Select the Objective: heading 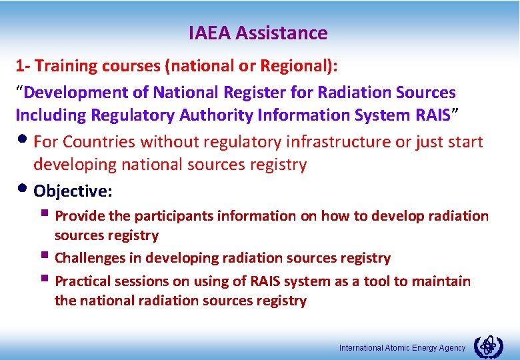coord(73,191)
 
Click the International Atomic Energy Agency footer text coord(403,348)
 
